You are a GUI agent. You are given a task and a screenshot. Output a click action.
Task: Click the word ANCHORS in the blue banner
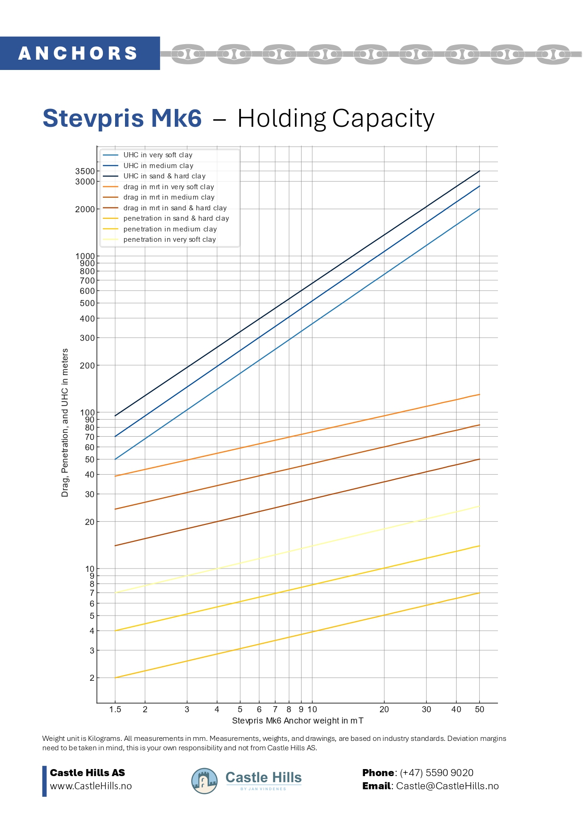pos(78,54)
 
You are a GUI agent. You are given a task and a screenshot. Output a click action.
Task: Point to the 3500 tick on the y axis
pos(85,171)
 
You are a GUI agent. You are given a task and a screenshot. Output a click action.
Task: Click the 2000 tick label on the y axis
pos(85,209)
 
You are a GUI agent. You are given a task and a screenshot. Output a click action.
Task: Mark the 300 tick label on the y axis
pos(87,338)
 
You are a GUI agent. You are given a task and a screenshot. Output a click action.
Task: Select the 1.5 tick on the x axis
pos(115,709)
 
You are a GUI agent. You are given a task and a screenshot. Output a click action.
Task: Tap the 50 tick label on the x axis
pos(480,709)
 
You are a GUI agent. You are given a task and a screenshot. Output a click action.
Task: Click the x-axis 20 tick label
pos(384,709)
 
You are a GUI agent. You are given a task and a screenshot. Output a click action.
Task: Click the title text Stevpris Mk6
pos(122,118)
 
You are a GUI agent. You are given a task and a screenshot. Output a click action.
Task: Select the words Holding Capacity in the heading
pos(336,118)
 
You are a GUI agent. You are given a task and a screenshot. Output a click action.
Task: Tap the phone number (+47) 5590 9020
pos(436,773)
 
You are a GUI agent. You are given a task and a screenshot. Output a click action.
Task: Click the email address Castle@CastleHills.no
pos(447,786)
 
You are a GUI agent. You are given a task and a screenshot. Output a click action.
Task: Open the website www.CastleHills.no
pos(91,786)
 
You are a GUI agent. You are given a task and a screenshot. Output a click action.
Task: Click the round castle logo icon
pos(204,781)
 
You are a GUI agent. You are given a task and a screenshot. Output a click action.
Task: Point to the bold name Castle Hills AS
pos(87,773)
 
